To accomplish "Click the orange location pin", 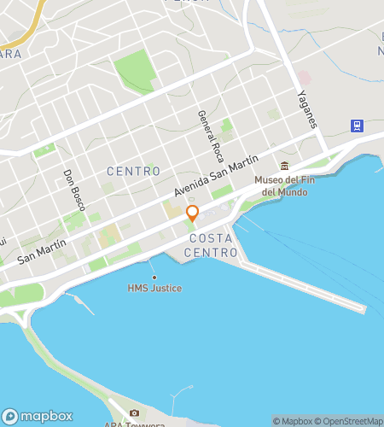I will (193, 213).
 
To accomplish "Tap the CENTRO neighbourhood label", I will (133, 172).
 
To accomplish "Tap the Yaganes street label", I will (307, 109).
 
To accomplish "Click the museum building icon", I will (285, 166).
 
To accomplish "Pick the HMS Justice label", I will (154, 288).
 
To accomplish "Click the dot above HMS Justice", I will (154, 277).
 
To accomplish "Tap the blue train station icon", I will (357, 126).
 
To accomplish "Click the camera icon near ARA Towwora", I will (134, 414).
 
